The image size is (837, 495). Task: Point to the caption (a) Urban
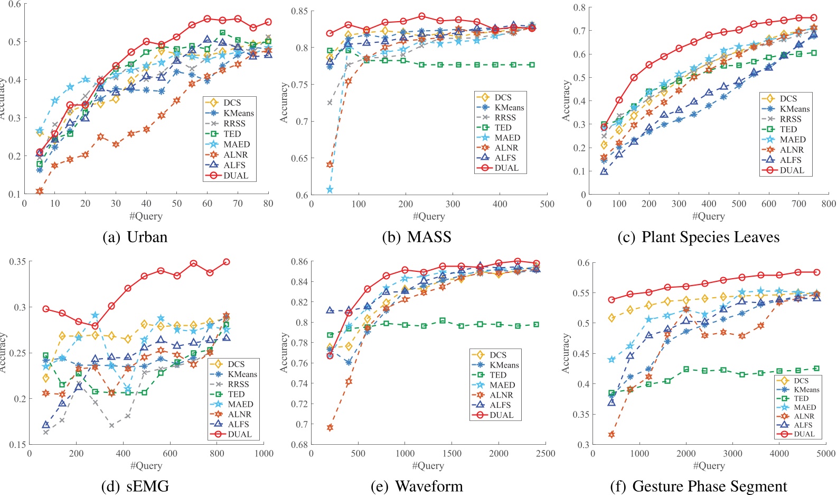coord(135,237)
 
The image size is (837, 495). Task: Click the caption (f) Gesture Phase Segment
coord(698,486)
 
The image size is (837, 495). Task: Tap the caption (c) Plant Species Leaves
coord(698,237)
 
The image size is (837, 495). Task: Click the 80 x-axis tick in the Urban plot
coord(268,203)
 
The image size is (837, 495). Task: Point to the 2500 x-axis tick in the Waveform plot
coord(546,453)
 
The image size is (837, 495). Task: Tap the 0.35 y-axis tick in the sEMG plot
coord(17,262)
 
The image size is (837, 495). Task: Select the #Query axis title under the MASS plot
coord(428,216)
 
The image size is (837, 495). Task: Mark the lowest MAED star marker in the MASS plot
coord(330,189)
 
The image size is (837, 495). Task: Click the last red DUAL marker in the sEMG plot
coord(227,262)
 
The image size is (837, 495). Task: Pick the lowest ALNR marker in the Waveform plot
coord(330,427)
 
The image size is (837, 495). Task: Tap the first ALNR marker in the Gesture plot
coord(612,435)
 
